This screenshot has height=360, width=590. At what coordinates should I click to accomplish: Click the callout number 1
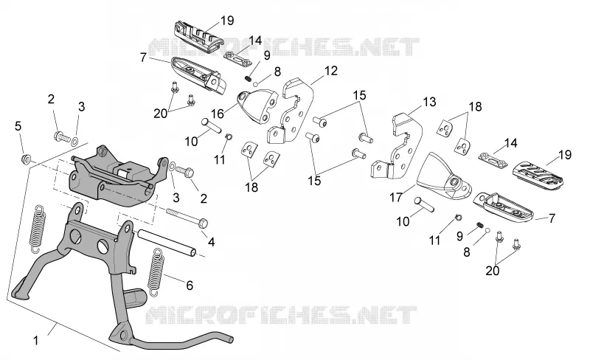tap(36, 341)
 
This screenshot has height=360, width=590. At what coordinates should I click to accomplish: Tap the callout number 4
tap(212, 242)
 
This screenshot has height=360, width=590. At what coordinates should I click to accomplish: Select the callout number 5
tap(18, 126)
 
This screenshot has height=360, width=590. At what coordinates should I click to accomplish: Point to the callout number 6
tap(190, 285)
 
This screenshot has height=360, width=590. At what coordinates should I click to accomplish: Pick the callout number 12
tap(331, 71)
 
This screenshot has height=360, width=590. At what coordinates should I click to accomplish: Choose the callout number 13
tap(429, 102)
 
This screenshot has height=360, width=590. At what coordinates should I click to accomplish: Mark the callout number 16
tap(218, 114)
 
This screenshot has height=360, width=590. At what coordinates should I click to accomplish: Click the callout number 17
tap(396, 197)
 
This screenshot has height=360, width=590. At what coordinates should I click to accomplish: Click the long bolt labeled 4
tap(187, 218)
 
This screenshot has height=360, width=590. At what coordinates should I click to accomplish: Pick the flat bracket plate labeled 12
tap(293, 111)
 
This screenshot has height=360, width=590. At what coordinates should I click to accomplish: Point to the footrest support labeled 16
tap(257, 105)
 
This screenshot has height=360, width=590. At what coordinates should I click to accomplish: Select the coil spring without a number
tap(38, 229)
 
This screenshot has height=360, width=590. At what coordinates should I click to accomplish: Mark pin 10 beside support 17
tap(425, 204)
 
